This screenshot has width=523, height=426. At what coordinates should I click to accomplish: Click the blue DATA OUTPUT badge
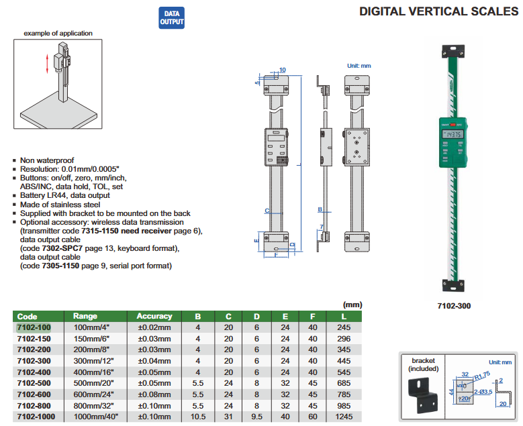coord(171,17)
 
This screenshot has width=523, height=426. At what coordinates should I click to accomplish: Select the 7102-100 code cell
coord(34,327)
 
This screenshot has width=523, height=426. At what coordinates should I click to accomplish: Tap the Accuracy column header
coord(154,316)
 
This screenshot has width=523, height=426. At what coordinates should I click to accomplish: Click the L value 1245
coord(344,417)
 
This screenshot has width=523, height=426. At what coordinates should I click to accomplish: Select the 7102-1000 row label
coord(36,417)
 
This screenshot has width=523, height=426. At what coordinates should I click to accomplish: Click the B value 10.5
coord(198,417)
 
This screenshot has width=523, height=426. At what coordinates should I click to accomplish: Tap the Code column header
coord(28,316)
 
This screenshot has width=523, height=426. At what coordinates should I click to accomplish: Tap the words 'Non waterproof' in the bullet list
coord(46,161)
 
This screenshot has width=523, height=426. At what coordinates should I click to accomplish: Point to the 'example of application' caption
coord(58,33)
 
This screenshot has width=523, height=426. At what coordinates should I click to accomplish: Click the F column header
coord(313,316)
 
